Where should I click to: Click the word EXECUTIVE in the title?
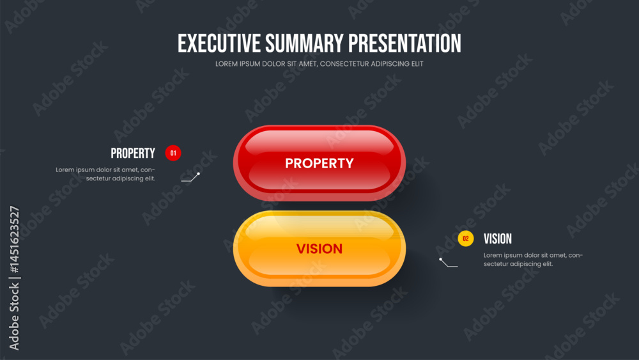219,43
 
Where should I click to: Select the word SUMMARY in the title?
304,43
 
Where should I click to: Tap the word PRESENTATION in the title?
404,43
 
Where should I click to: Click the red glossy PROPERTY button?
319,163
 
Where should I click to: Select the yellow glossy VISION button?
319,249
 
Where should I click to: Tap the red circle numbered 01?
173,153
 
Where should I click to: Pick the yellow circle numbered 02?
466,239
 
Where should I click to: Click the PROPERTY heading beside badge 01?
133,153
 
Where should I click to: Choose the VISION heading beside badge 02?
498,239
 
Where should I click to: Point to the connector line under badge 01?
190,178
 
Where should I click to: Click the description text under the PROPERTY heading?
105,174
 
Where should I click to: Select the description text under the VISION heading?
533,260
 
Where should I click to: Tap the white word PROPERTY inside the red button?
319,164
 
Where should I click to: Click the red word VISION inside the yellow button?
319,249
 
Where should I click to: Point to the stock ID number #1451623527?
14,239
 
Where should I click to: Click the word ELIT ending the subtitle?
417,64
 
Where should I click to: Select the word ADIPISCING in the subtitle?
390,64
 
